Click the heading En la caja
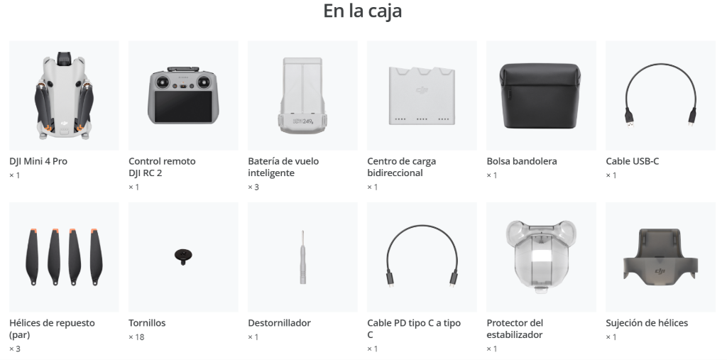(362, 11)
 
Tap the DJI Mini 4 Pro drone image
(64, 96)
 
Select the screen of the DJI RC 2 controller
(183, 107)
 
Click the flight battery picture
(302, 96)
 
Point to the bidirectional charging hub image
(422, 96)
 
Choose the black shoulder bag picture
(540, 96)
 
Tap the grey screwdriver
(302, 257)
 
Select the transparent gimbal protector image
(540, 256)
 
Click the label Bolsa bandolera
(522, 161)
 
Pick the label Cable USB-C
(632, 161)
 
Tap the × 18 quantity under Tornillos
(136, 337)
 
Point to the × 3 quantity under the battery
(253, 187)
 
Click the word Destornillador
(279, 323)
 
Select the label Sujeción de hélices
(646, 323)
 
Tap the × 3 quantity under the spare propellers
(15, 349)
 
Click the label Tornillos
(147, 323)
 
